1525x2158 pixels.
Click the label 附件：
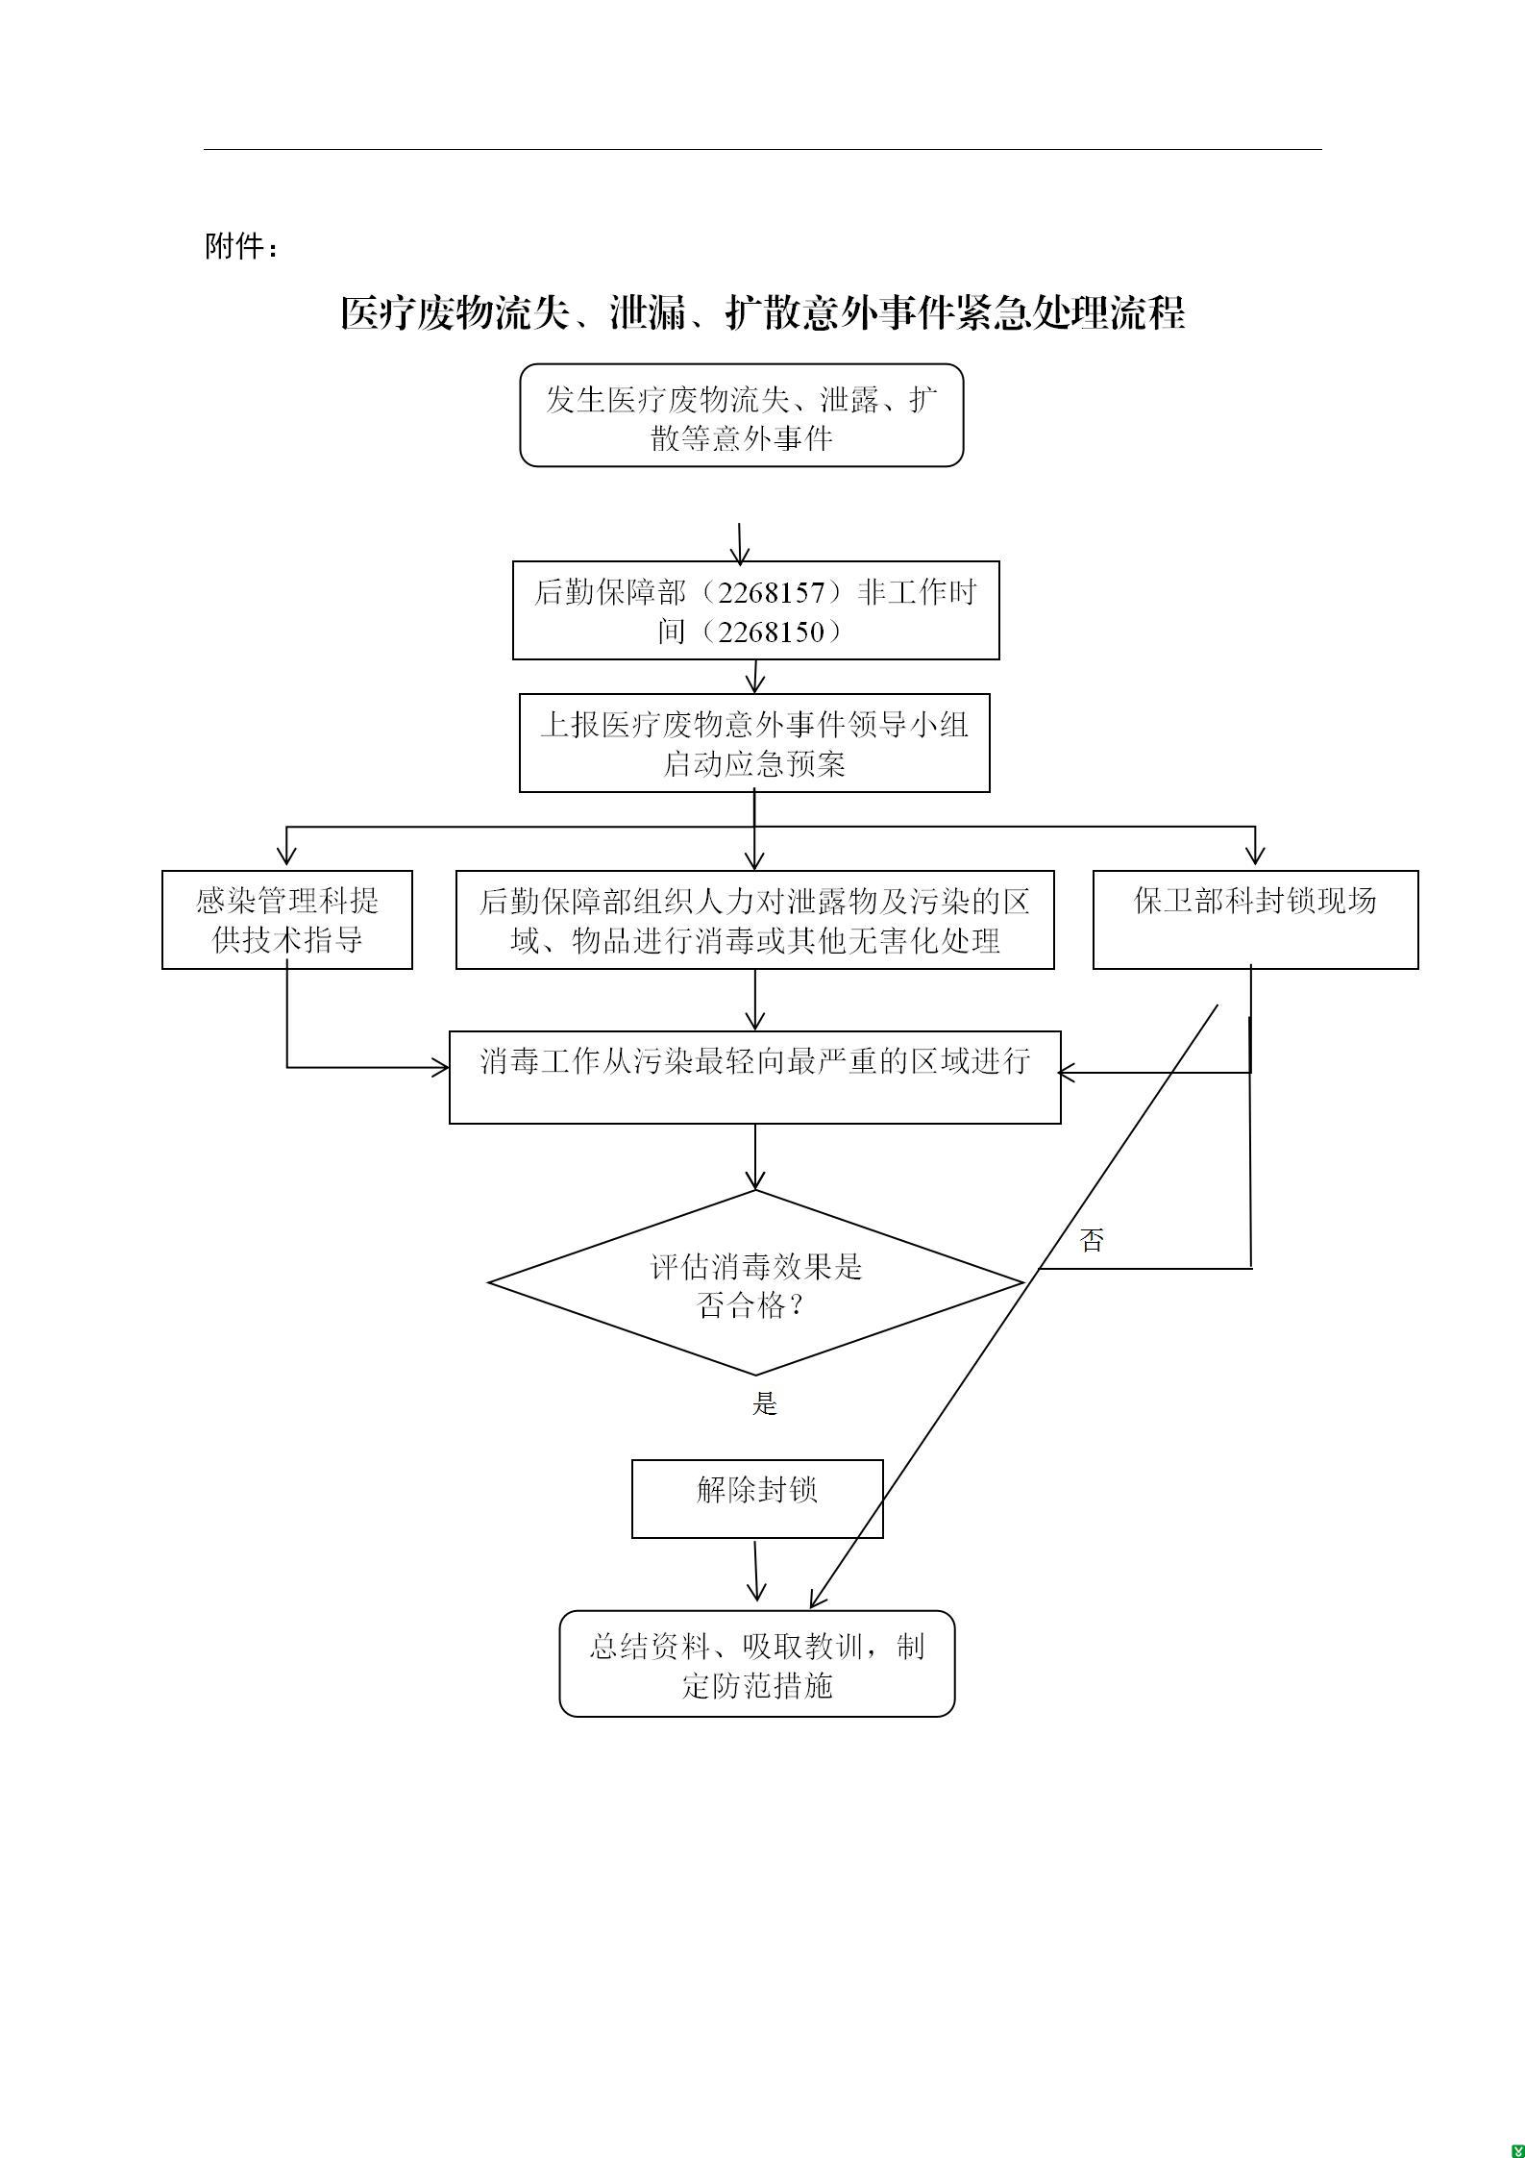pos(242,247)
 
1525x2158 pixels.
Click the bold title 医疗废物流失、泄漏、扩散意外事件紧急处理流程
pos(762,313)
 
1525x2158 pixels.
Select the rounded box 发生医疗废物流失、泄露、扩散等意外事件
pos(741,416)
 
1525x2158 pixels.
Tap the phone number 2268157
pos(772,592)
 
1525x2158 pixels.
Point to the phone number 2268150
pos(772,632)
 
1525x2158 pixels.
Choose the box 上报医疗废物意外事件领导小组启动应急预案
pos(754,743)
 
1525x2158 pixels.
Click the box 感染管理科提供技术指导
pos(286,920)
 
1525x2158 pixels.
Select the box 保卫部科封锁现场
pos(1255,919)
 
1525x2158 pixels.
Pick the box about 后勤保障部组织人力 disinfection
pos(754,920)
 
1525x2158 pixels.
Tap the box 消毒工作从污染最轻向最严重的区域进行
pos(754,1077)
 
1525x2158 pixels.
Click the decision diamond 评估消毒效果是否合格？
pos(756,1284)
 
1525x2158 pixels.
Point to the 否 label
pos(1091,1240)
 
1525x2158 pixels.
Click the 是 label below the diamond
pos(764,1404)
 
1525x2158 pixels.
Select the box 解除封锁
pos(757,1499)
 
